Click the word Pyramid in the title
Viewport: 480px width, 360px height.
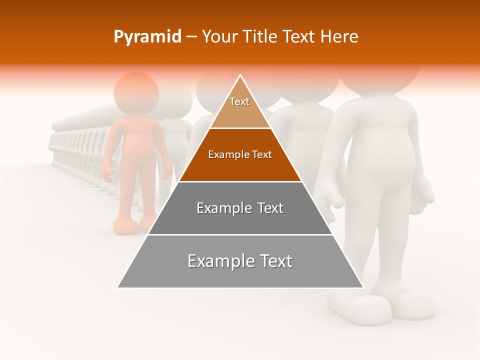pos(147,37)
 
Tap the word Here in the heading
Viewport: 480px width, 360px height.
pos(339,37)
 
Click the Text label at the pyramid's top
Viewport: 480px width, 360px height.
pos(239,101)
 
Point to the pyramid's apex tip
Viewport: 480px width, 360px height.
pos(240,75)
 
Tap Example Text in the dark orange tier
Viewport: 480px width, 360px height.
pos(240,154)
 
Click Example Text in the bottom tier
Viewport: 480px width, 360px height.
pos(240,261)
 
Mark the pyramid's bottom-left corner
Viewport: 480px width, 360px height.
pos(118,287)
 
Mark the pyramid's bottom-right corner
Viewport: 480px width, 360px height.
pos(363,287)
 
